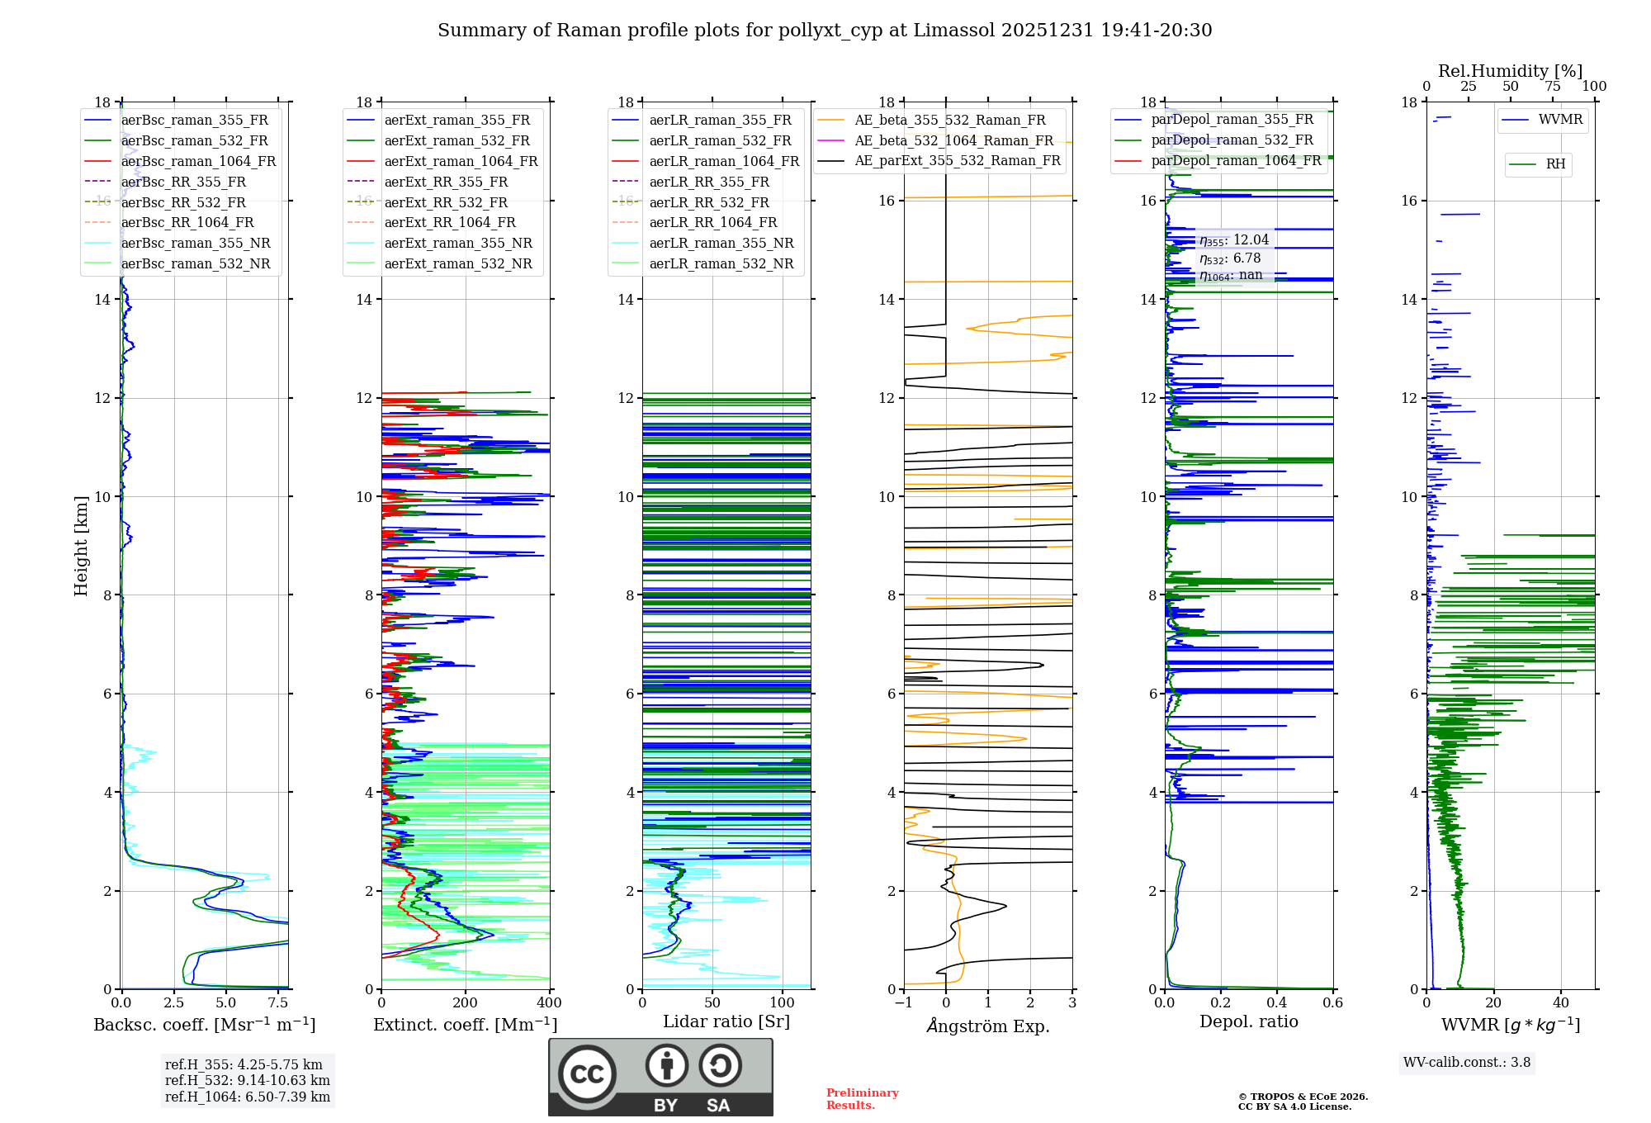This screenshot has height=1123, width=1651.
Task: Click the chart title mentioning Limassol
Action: tap(825, 31)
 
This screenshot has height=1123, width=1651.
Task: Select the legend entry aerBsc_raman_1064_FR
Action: tap(198, 161)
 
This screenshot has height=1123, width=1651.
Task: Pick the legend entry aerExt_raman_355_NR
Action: tap(458, 243)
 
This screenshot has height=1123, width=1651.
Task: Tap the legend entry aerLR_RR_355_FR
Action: tap(709, 182)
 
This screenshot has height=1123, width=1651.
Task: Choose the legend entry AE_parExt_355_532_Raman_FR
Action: tap(958, 160)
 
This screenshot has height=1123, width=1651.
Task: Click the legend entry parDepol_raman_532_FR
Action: tap(1232, 140)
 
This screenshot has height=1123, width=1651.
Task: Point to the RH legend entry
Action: tap(1555, 164)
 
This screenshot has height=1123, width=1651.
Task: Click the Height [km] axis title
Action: tap(81, 545)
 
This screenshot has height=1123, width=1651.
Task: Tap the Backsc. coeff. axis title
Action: tap(205, 1025)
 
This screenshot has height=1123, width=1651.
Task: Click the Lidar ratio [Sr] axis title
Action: tap(726, 1022)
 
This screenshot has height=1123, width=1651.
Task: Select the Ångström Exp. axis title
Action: tap(988, 1026)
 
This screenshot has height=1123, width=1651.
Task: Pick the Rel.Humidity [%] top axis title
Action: tap(1510, 71)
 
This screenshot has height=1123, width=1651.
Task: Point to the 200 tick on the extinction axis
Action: tap(466, 1003)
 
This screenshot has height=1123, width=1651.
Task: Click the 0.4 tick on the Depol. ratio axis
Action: tap(1277, 1003)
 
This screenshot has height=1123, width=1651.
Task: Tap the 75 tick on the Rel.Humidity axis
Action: tap(1552, 87)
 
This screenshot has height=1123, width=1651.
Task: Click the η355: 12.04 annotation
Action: tap(1234, 240)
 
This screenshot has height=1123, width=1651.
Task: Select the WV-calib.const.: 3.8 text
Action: tap(1467, 1063)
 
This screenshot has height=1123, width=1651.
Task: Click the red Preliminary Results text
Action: tap(862, 1099)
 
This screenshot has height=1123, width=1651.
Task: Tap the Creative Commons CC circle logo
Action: tap(587, 1074)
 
